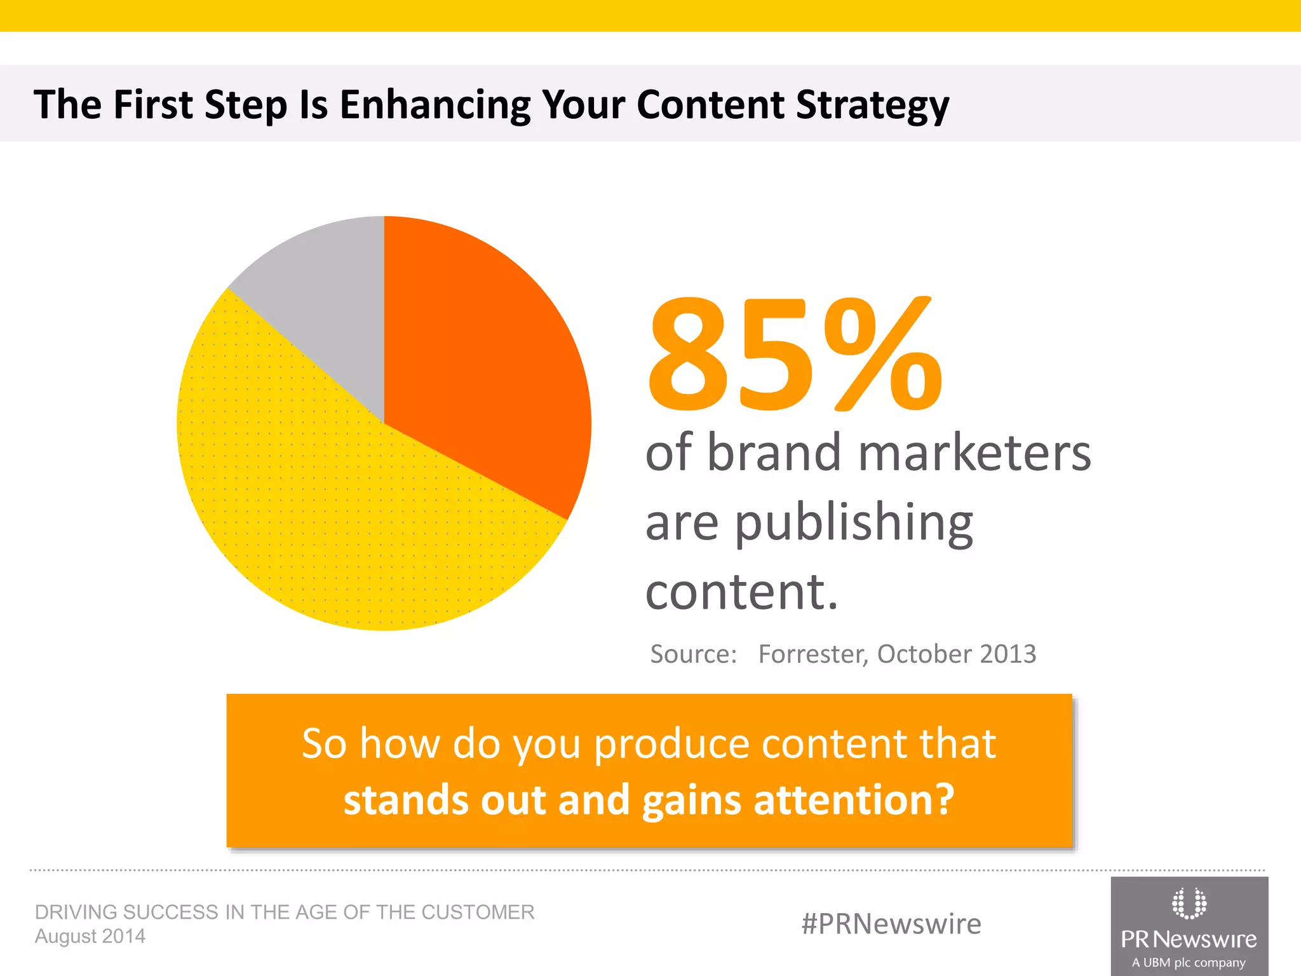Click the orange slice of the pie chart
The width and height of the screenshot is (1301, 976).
tap(483, 356)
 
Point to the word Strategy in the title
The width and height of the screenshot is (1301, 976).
tap(872, 105)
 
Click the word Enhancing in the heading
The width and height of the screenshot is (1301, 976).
tap(435, 105)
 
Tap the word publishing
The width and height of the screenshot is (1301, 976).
tap(854, 524)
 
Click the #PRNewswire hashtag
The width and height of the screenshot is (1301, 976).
tap(891, 924)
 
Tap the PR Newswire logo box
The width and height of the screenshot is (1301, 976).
tap(1189, 926)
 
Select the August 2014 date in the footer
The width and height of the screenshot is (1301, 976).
tap(90, 936)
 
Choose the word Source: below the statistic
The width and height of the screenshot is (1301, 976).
tap(693, 654)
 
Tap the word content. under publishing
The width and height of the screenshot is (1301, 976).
tap(741, 591)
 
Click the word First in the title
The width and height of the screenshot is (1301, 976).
tap(153, 105)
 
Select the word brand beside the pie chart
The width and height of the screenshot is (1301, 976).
tap(774, 452)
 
